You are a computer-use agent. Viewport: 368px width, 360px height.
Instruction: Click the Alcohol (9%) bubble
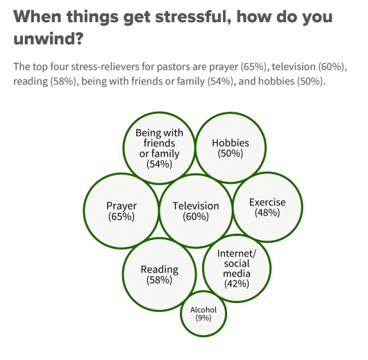[x=203, y=314]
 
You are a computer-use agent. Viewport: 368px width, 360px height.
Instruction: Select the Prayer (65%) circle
[x=121, y=211]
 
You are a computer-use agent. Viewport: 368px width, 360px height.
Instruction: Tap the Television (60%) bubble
[x=196, y=211]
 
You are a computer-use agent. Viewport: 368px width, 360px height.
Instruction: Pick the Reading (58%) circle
[x=160, y=275]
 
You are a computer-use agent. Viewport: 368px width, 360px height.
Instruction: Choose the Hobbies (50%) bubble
[x=231, y=148]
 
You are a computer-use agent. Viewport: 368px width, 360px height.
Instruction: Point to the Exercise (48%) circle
[x=267, y=207]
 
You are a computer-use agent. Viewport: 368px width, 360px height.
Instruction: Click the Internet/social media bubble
[x=237, y=268]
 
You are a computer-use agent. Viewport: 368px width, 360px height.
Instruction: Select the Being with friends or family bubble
[x=159, y=148]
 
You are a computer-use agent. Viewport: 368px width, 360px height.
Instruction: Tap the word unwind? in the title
[x=49, y=38]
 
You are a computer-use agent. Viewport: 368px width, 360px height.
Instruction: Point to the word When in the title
[x=37, y=17]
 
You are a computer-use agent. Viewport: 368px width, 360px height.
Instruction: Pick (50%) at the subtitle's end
[x=311, y=81]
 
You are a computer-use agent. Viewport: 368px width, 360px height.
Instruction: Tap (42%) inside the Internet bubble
[x=237, y=284]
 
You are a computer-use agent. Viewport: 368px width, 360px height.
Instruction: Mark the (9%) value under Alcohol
[x=203, y=318]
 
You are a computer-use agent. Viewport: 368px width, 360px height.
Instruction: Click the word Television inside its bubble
[x=196, y=206]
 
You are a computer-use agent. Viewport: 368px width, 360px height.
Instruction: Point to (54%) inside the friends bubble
[x=159, y=164]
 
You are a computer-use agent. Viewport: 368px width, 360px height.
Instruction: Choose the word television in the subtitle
[x=294, y=67]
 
